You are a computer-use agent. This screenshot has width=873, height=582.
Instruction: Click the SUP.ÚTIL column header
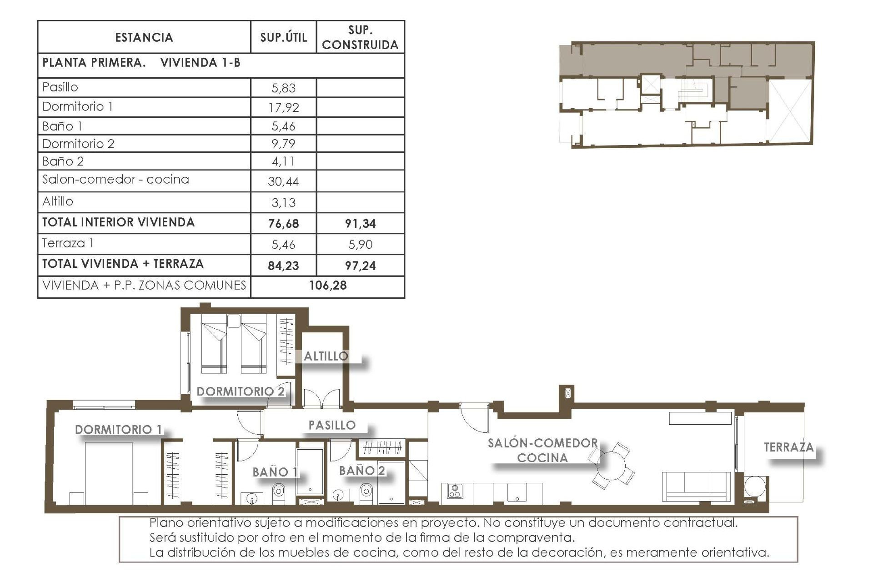click(283, 37)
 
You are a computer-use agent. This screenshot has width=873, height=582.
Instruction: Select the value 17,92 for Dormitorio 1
click(283, 108)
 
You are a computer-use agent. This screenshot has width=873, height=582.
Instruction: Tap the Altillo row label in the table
click(58, 201)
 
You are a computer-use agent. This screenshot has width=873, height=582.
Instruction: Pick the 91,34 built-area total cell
click(360, 224)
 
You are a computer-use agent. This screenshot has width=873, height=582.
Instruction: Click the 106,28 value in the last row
click(328, 286)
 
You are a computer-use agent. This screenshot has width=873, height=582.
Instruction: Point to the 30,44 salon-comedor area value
click(283, 182)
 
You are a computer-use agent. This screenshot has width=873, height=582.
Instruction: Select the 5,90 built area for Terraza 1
click(360, 245)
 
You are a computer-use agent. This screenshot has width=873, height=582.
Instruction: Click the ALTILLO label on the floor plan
click(326, 356)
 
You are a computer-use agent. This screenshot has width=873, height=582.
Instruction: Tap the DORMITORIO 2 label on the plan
click(241, 391)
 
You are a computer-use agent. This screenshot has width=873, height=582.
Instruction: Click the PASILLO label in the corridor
click(332, 426)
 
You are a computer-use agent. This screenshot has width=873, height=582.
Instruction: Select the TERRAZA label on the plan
click(788, 447)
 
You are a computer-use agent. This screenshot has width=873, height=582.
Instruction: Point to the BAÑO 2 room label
click(362, 471)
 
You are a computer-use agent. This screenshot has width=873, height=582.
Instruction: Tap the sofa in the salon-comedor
click(696, 487)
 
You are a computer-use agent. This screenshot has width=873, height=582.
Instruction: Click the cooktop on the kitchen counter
click(455, 491)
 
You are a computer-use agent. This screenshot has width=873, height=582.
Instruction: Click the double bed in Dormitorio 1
click(109, 473)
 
